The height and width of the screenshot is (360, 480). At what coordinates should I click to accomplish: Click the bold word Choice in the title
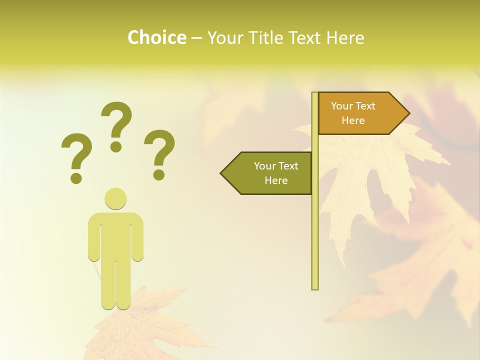coord(156,37)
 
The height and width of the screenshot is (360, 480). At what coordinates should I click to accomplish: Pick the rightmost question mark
coord(159,154)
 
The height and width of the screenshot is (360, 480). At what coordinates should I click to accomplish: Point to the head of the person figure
coord(115,198)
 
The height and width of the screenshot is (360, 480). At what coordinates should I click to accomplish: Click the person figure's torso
coord(115,235)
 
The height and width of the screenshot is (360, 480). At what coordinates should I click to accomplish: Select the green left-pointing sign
coord(270,173)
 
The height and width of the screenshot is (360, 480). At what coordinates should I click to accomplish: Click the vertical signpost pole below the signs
coord(314,240)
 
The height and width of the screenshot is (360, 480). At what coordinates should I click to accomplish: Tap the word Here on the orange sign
coord(353,120)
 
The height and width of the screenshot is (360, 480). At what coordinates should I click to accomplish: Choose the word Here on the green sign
coord(276,180)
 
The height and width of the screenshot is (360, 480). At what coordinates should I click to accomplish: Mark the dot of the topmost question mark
coord(116,146)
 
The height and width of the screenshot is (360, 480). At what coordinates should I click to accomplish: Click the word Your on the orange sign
coord(342,106)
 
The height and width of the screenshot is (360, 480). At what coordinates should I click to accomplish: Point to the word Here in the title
coord(345,37)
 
